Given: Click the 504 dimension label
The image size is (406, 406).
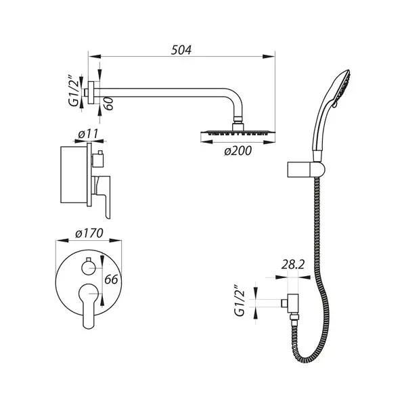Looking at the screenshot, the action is [181, 50].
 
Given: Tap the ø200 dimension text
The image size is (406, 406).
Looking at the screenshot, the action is [238, 151].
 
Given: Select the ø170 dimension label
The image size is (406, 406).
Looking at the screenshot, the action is [89, 233].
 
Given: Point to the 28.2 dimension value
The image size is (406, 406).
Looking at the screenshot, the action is [293, 265].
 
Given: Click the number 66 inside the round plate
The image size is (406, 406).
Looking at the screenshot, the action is [111, 279].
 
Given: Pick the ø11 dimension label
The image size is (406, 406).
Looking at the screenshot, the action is [88, 134].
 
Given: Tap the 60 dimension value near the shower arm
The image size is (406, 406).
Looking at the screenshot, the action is [109, 104].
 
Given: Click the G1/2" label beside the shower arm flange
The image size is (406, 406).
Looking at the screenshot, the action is [74, 91].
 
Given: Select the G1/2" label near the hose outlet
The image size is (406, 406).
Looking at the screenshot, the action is [240, 300].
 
